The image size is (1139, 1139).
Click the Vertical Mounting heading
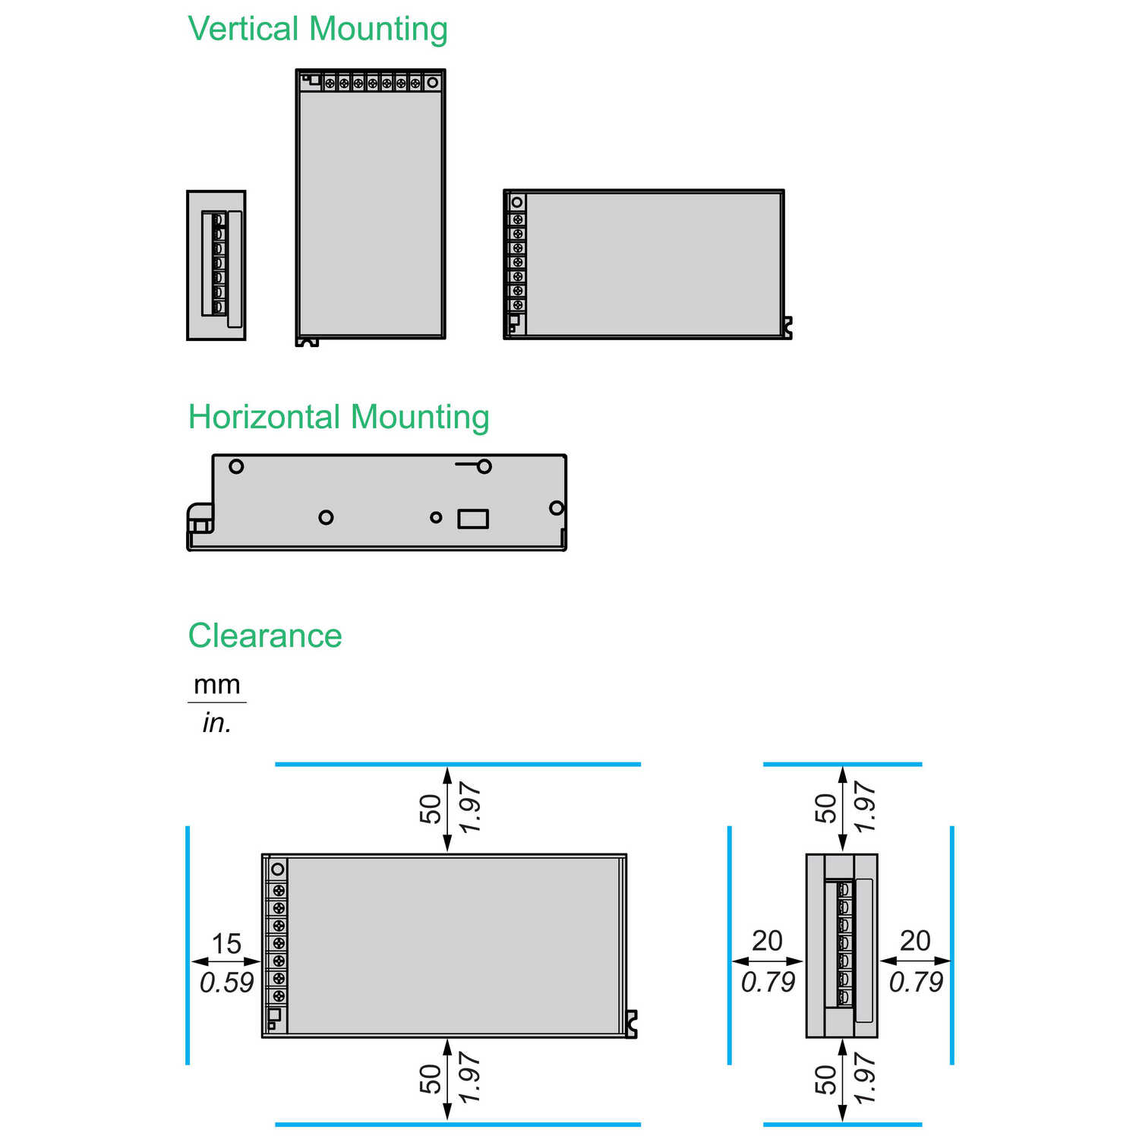click(x=317, y=30)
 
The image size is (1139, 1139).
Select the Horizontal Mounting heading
click(x=339, y=418)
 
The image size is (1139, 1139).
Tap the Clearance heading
click(x=265, y=636)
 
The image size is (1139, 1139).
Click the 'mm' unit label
click(x=217, y=685)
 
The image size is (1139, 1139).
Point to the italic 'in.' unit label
click(x=216, y=722)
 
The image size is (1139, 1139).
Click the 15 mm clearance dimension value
click(x=226, y=944)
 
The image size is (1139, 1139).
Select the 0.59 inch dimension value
click(x=226, y=983)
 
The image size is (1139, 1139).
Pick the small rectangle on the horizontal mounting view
click(x=473, y=519)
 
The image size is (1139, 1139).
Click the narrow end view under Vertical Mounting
click(x=216, y=265)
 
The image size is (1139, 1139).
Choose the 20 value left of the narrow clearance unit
click(x=767, y=941)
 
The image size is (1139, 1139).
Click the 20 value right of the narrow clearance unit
click(x=915, y=941)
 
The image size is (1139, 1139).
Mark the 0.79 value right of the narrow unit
click(x=916, y=982)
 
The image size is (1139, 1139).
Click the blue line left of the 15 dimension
click(x=188, y=945)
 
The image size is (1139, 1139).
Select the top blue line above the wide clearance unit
click(x=458, y=764)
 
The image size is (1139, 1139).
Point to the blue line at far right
click(x=952, y=945)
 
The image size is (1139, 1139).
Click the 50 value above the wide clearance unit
click(x=431, y=809)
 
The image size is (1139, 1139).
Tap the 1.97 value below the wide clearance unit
click(x=470, y=1078)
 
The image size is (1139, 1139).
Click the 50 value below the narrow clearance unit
click(x=825, y=1080)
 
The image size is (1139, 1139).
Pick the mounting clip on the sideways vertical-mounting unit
click(x=787, y=328)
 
